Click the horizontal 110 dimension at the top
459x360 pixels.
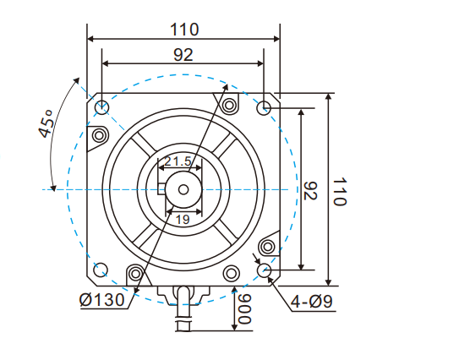click(x=183, y=29)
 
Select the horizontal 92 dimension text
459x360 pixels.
click(x=183, y=54)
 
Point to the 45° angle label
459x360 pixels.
click(x=46, y=128)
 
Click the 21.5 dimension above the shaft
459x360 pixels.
click(x=178, y=161)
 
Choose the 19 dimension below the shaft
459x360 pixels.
click(x=182, y=219)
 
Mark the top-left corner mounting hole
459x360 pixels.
click(x=101, y=107)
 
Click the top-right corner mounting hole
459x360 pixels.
click(x=264, y=107)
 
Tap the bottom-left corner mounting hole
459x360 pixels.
click(x=101, y=270)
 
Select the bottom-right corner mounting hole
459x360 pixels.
click(x=265, y=270)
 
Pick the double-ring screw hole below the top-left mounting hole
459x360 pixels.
click(x=99, y=135)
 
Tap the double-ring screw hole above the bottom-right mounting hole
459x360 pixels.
click(x=268, y=247)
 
